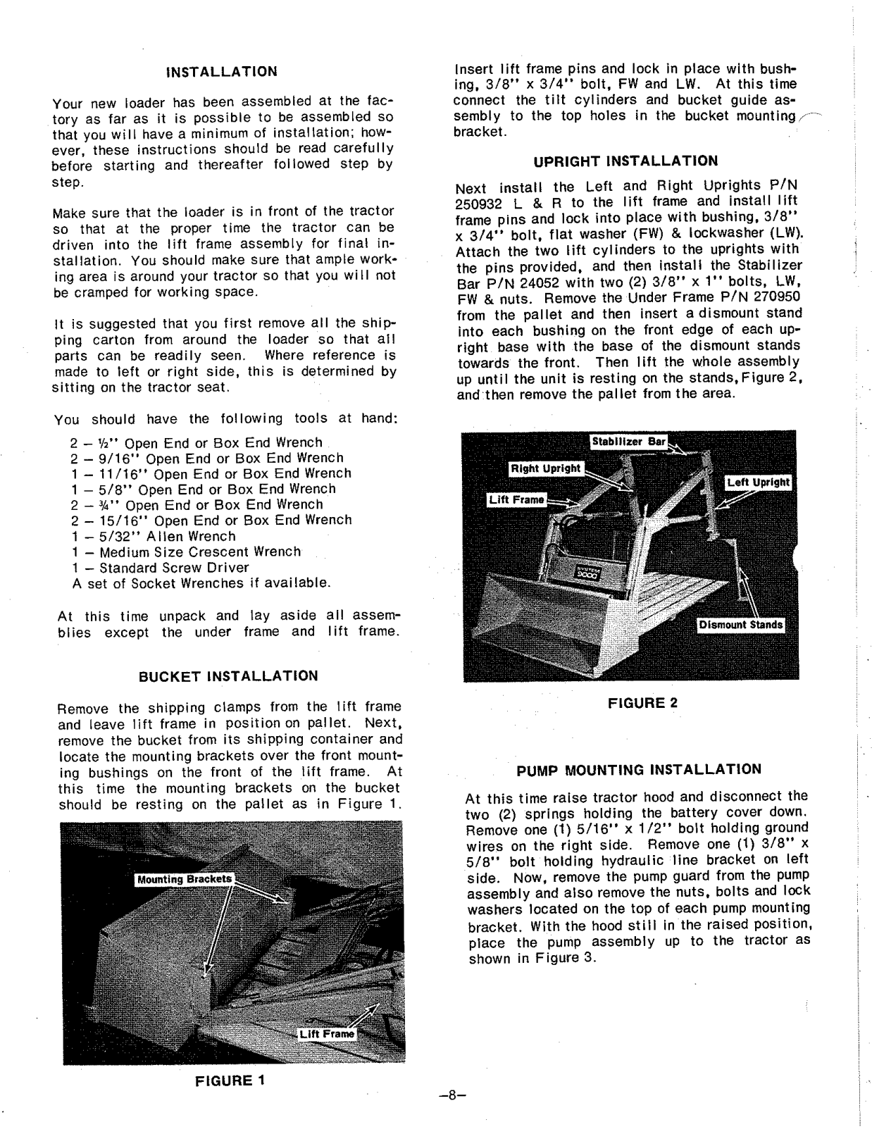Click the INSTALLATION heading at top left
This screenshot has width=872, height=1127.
tap(221, 72)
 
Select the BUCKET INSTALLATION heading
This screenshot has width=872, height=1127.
tap(228, 676)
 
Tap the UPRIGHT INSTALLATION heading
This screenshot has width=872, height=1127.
tap(625, 161)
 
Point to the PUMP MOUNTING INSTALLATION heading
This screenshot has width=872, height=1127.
tap(639, 770)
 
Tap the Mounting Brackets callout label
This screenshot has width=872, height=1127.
tap(184, 879)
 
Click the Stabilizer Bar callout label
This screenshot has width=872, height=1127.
tap(628, 442)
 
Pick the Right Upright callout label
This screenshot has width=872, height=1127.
tap(545, 468)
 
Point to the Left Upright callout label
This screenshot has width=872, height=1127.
tap(759, 482)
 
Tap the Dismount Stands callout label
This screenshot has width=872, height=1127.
tap(740, 625)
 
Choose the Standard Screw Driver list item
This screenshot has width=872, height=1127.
tap(160, 568)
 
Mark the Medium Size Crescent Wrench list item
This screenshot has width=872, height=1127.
tap(186, 552)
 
